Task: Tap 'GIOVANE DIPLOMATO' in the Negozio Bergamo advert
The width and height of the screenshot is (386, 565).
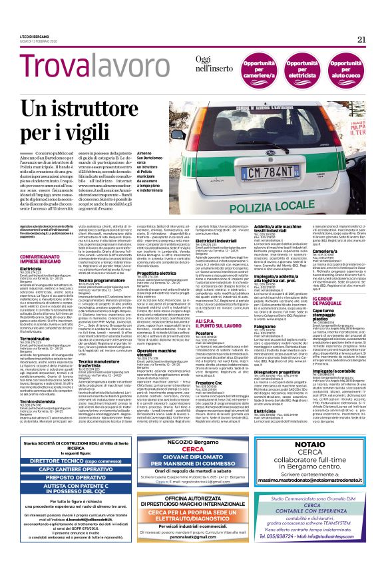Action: [198, 458]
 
